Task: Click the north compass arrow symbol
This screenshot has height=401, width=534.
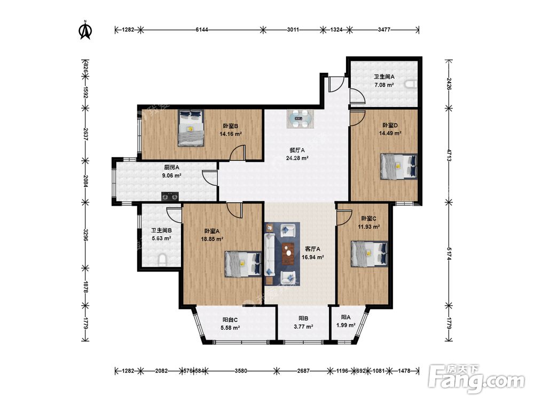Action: click(x=85, y=30)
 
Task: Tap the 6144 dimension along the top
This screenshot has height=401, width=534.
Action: click(x=202, y=29)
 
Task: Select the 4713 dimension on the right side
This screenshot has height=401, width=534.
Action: click(x=449, y=156)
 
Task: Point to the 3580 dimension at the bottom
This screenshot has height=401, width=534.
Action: click(x=241, y=371)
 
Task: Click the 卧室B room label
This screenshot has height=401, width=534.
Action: click(x=231, y=126)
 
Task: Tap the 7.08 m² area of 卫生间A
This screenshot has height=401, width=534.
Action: click(x=384, y=85)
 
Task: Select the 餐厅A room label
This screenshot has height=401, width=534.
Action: click(x=297, y=150)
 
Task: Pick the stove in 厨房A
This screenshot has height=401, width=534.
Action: click(x=170, y=196)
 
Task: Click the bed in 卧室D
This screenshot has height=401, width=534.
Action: click(x=398, y=166)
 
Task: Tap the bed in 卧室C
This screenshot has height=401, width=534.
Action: click(x=370, y=253)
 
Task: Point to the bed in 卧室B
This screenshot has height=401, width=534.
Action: click(x=191, y=128)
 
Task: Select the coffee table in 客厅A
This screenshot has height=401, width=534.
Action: click(x=289, y=253)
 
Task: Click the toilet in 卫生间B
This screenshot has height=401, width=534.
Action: click(x=163, y=260)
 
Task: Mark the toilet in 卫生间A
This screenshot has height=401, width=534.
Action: click(x=410, y=84)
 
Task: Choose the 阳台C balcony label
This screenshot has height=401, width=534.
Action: click(x=230, y=320)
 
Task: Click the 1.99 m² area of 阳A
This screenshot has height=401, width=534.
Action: click(x=346, y=325)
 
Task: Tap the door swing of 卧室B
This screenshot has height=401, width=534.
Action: click(x=238, y=152)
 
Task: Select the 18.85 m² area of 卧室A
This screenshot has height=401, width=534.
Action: click(x=212, y=240)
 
